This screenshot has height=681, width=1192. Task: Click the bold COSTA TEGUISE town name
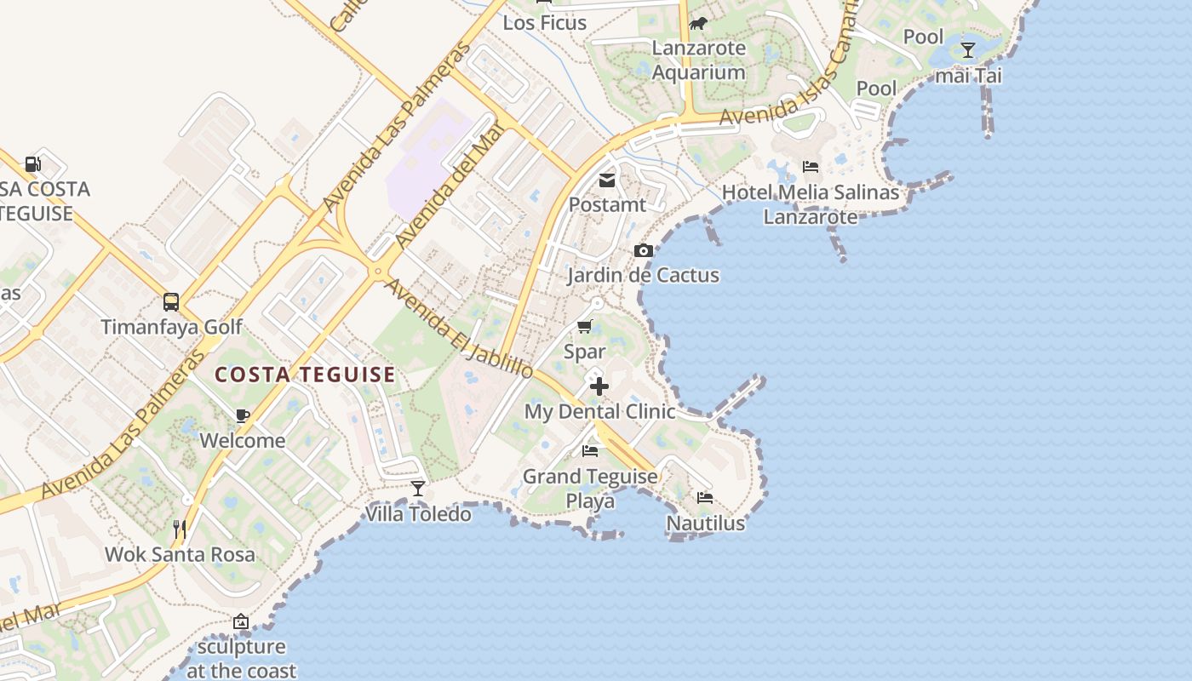click(305, 375)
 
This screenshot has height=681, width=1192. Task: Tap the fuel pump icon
click(32, 163)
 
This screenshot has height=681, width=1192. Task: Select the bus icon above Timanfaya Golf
click(171, 302)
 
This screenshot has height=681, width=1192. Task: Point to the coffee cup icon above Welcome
click(243, 415)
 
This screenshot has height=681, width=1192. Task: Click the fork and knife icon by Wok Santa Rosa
click(180, 529)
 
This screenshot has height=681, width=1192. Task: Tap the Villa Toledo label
click(418, 514)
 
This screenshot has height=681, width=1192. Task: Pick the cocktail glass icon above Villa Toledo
click(418, 489)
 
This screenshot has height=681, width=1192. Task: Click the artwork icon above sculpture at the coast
click(241, 622)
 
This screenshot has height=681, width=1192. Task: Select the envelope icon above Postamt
click(607, 180)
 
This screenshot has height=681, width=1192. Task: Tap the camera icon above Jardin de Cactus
click(644, 250)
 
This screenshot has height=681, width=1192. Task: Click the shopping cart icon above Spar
click(585, 326)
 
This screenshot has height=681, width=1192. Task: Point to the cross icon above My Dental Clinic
click(599, 386)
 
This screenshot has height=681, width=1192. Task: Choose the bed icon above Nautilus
click(705, 498)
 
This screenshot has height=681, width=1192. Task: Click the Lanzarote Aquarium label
click(699, 60)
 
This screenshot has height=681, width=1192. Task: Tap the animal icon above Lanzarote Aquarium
click(699, 23)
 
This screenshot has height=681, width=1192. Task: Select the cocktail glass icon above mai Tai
click(968, 50)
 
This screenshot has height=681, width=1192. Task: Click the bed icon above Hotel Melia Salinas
click(811, 167)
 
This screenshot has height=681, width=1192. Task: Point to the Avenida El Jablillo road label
click(459, 329)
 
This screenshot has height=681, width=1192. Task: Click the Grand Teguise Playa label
click(590, 489)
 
